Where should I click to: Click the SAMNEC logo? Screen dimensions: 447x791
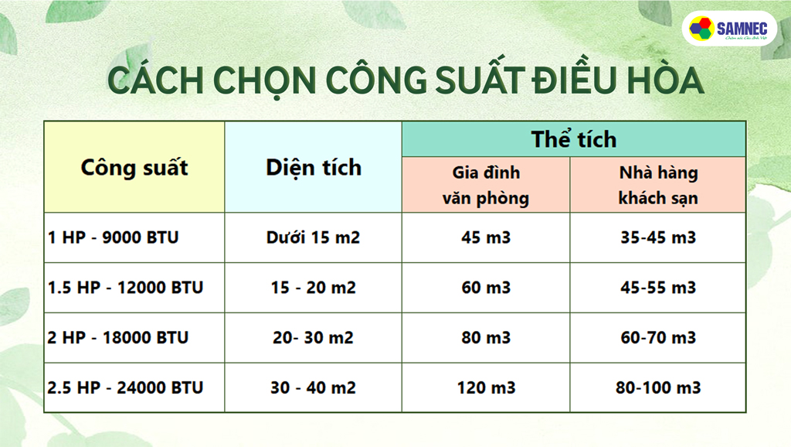pos(729,29)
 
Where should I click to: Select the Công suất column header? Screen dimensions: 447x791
pos(134,167)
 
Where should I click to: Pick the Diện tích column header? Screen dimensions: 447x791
pos(313,167)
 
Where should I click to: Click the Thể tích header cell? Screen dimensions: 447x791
pos(573,139)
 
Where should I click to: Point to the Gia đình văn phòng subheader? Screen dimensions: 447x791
pos(486,185)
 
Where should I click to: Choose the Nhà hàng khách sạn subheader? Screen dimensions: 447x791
pos(658,185)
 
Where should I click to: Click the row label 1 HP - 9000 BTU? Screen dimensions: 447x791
pos(113,237)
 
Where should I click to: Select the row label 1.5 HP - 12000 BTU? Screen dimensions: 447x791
pos(125,288)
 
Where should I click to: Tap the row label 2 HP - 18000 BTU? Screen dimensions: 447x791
pos(117,338)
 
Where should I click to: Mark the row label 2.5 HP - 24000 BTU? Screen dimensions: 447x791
pos(125,387)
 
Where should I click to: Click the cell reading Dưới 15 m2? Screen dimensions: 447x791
pos(313,237)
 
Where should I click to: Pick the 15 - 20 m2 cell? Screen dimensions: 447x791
pos(313,288)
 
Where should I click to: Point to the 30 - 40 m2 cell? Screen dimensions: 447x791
pos(313,387)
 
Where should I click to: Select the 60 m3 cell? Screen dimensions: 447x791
pos(486,288)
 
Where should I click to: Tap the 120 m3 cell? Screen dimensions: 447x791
pos(486,387)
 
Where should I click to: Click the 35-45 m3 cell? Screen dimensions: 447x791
pos(658,237)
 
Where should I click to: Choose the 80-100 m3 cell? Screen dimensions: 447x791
pos(658,387)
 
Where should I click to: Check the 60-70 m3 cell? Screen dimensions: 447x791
pos(658,338)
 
